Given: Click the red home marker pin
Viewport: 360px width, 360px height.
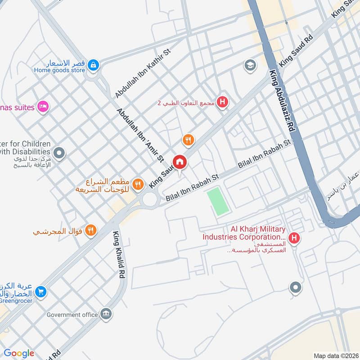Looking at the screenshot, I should [180, 162].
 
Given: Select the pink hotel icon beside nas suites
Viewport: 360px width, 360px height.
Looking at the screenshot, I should [43, 107].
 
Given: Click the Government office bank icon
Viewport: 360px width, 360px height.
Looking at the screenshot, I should [106, 314].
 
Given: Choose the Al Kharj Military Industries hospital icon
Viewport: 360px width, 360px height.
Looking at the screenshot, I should [294, 238].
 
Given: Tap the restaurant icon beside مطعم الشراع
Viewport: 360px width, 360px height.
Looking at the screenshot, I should [138, 184].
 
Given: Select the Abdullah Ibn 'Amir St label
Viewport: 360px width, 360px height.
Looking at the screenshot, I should [139, 135].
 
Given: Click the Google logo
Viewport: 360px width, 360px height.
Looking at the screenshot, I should [18, 353].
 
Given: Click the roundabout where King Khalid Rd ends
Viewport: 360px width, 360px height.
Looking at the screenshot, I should [149, 200].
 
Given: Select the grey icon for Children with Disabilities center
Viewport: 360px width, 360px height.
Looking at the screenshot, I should [59, 153].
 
